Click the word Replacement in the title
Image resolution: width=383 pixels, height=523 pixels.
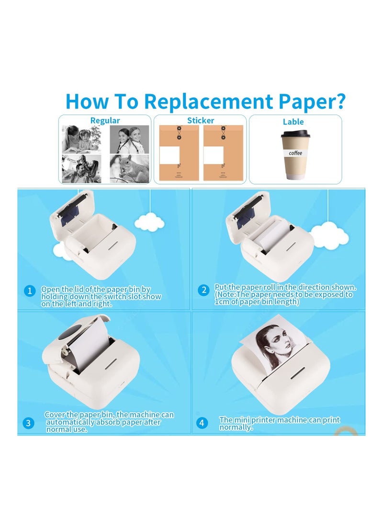tap(208, 101)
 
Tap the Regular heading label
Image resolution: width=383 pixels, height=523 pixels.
tap(105, 121)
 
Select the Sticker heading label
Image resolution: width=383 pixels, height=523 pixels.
tap(201, 120)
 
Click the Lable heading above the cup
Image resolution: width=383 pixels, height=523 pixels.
tap(293, 122)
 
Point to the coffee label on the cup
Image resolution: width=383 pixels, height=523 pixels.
tap(295, 153)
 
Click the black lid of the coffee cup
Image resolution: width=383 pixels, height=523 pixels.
tap(295, 134)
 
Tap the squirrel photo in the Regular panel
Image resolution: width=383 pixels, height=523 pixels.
tap(130, 168)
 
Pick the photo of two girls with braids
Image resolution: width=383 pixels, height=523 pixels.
tap(130, 139)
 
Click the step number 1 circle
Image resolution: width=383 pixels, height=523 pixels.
tap(30, 291)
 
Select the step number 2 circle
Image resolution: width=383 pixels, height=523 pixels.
tap(204, 290)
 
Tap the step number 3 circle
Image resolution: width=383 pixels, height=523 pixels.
tap(28, 423)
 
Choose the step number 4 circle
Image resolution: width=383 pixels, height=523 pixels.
tap(202, 423)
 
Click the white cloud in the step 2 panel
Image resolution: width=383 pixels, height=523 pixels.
tap(329, 236)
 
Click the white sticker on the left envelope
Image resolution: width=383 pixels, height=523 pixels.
tap(169, 155)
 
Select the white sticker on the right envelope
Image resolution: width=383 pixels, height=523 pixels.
tap(214, 155)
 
